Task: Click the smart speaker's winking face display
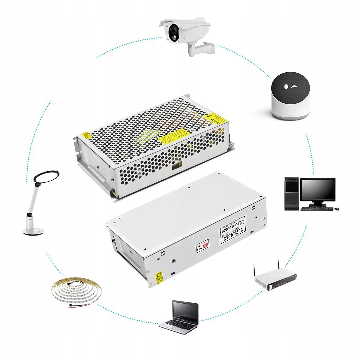tap(290, 87)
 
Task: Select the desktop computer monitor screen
tap(318, 190)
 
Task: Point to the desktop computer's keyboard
tap(317, 208)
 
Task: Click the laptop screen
tap(185, 312)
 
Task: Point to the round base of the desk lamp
tap(33, 231)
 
